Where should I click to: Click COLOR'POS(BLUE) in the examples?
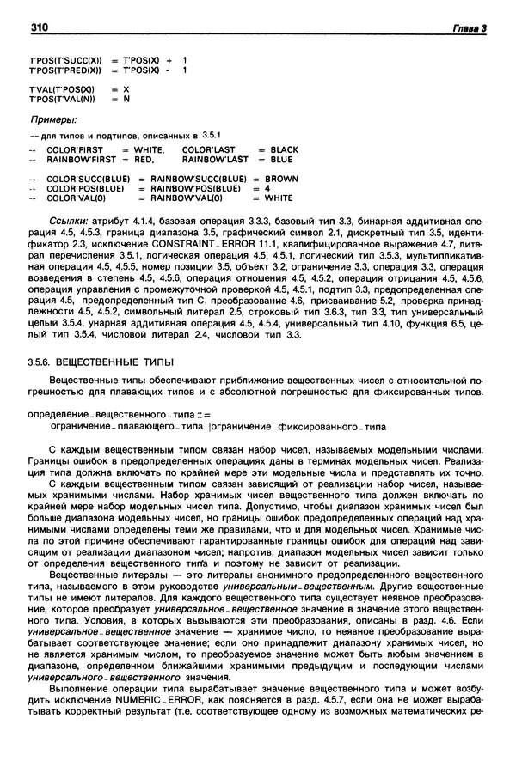coord(85,188)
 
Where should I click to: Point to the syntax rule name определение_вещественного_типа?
coord(104,415)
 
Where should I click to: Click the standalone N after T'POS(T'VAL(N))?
coord(126,99)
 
